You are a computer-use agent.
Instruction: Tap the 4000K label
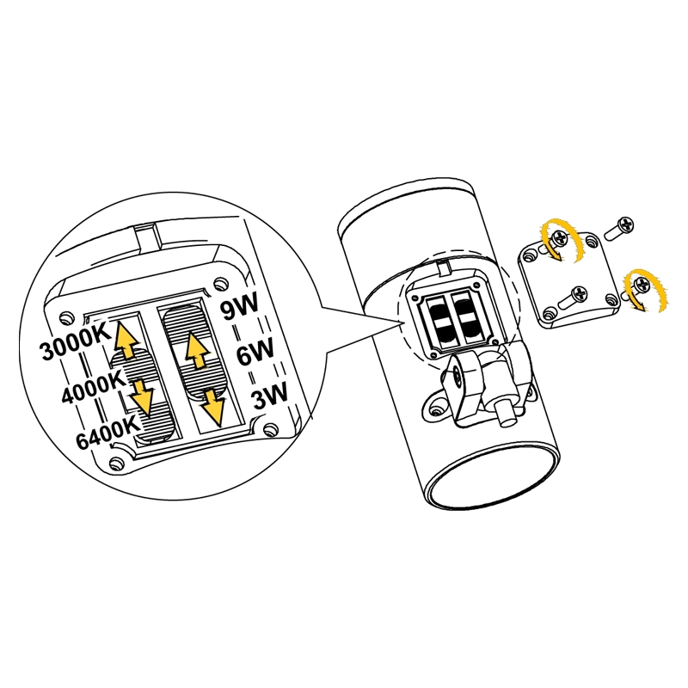(94, 389)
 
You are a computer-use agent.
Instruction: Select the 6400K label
(108, 433)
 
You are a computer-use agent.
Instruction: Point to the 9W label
(240, 306)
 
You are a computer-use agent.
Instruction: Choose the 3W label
(269, 395)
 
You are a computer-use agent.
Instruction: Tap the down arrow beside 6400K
(141, 397)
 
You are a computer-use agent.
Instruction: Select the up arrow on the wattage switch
(197, 350)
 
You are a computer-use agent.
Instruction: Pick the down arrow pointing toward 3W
(213, 407)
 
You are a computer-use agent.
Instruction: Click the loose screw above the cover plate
(619, 228)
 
